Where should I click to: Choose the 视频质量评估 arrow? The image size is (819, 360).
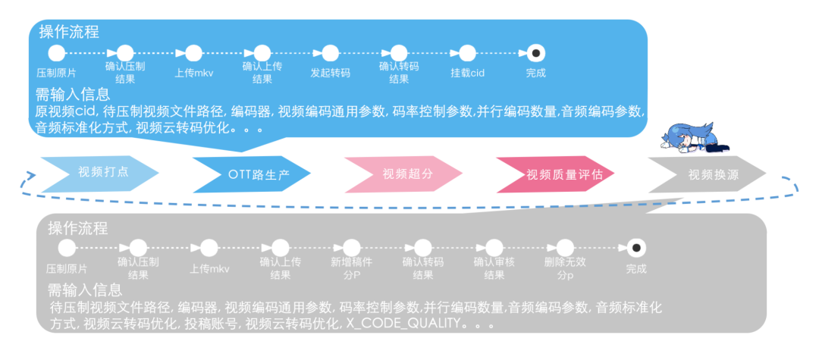coord(560,174)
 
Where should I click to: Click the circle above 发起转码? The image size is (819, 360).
coord(330,53)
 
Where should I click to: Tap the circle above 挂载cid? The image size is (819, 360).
coord(466,53)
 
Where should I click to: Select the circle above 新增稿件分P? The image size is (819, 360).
coord(351,247)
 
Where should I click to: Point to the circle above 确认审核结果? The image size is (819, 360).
coord(494,247)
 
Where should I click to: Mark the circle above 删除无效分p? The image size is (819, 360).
coord(565,247)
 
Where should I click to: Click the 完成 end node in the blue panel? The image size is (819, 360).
coord(535,53)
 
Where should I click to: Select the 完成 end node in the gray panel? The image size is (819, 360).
coord(636,247)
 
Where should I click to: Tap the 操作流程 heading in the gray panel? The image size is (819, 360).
coord(78,228)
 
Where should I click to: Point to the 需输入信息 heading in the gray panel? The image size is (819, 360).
coord(85,290)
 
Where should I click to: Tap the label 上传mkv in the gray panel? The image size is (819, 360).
coord(209,269)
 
